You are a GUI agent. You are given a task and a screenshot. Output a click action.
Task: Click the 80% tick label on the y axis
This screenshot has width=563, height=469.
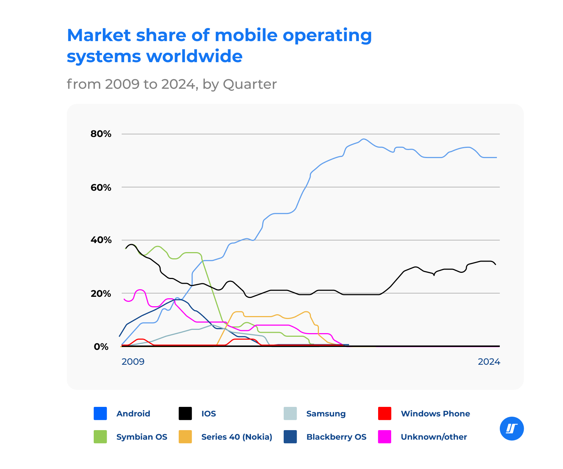[x=101, y=134]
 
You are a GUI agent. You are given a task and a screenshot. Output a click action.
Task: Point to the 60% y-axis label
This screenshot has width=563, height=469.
[x=101, y=187]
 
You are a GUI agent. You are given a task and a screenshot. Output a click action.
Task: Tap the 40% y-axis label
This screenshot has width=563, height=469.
[x=101, y=240]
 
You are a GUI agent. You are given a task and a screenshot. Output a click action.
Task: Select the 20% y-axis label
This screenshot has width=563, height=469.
[x=101, y=294]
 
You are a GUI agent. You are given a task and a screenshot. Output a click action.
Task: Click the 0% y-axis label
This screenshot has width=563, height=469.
[x=101, y=347]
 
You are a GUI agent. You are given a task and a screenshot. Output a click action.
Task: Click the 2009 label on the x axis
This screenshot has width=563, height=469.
[x=133, y=362]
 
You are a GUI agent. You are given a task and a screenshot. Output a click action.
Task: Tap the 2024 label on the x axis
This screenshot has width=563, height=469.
[x=489, y=362]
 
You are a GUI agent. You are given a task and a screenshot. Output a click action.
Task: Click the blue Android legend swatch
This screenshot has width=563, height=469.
[x=100, y=413]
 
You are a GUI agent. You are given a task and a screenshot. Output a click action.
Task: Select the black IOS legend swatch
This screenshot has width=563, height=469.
[x=185, y=413]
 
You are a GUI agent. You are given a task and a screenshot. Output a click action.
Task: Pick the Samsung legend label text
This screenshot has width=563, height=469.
[x=326, y=414]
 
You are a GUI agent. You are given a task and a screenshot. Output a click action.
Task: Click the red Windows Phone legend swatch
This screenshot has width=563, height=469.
[x=385, y=413]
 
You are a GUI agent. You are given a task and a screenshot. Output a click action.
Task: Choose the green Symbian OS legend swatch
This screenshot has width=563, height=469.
[x=100, y=437]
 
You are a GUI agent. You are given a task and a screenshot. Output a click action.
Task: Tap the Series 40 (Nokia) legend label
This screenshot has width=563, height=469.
[x=236, y=437]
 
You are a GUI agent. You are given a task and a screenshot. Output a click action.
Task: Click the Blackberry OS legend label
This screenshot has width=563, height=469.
[x=336, y=437]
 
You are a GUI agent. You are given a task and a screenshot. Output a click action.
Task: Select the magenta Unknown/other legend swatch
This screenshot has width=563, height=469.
[x=385, y=437]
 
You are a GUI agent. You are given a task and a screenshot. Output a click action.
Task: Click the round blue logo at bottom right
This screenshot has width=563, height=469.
[x=512, y=429]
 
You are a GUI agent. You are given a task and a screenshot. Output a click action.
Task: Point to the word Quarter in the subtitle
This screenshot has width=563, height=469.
[x=250, y=84]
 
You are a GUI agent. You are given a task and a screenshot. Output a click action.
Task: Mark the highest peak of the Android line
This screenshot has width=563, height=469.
[x=364, y=139]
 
